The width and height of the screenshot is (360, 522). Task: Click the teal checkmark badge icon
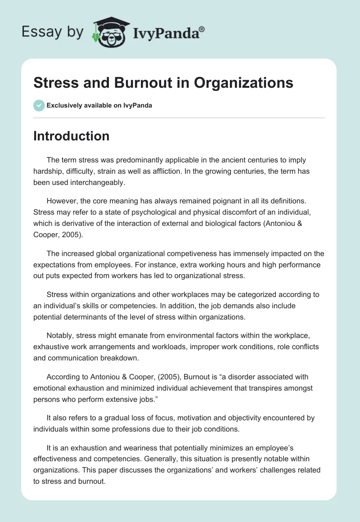(x=39, y=105)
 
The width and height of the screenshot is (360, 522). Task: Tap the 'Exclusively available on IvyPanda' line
(x=99, y=106)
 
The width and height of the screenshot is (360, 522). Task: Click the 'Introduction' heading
(x=71, y=136)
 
